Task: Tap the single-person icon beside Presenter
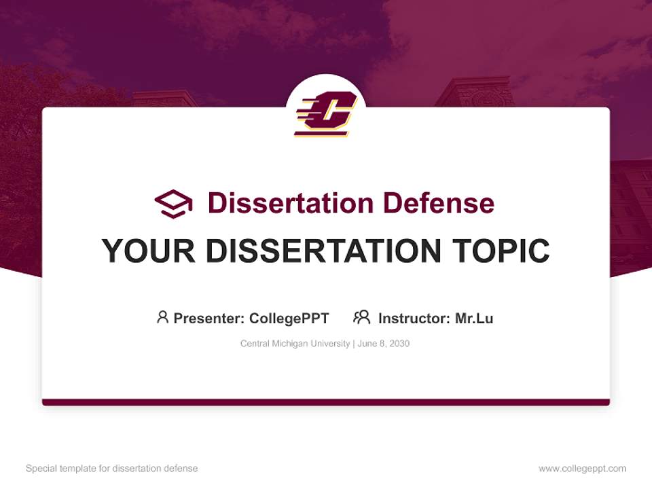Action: [x=162, y=317]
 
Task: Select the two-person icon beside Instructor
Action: [x=361, y=317]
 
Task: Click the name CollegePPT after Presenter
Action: [x=289, y=319]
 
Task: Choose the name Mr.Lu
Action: [x=474, y=319]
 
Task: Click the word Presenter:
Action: [x=209, y=319]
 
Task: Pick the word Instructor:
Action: [x=414, y=319]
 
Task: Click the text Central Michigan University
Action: [x=294, y=344]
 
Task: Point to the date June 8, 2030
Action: [x=382, y=344]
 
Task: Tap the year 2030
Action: [x=399, y=344]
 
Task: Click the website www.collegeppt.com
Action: [x=582, y=469]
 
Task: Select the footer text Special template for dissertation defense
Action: [x=112, y=469]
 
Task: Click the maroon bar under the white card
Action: [x=326, y=402]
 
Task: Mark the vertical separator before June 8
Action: [x=351, y=344]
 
